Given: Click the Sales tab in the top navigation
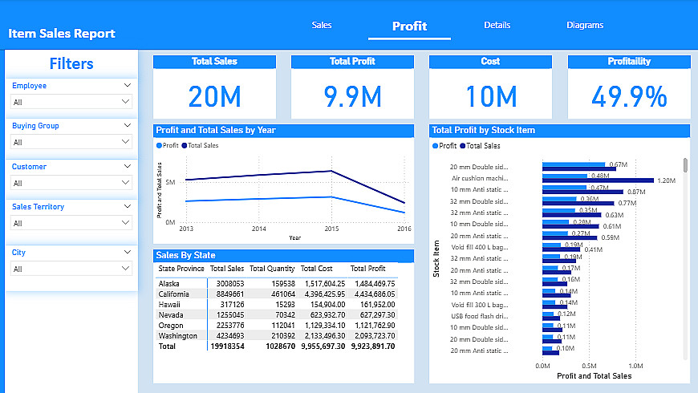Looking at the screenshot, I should point(322,25).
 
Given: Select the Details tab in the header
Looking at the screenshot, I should point(497,25).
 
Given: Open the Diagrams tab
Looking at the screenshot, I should point(584,25).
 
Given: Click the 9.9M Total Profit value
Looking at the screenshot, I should point(352,96).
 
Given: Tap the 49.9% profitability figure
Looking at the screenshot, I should point(629,96).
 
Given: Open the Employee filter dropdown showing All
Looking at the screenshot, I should point(71,102).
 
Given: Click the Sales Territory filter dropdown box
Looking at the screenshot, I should point(71,223).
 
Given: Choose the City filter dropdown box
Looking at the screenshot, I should point(71,269).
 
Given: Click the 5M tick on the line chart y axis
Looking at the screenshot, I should point(170,183).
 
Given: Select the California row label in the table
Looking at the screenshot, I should point(175,294).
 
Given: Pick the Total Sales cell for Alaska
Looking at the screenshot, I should point(229,284).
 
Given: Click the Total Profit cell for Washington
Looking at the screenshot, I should point(373,336).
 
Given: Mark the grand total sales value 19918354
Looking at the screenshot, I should point(227,346).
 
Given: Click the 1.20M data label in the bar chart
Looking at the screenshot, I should point(666,180).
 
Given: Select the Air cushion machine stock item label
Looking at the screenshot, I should point(480,178).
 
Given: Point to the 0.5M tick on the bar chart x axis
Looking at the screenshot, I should point(588,366).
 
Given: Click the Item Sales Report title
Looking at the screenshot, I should point(62,34).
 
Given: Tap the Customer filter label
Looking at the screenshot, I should point(29,167).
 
